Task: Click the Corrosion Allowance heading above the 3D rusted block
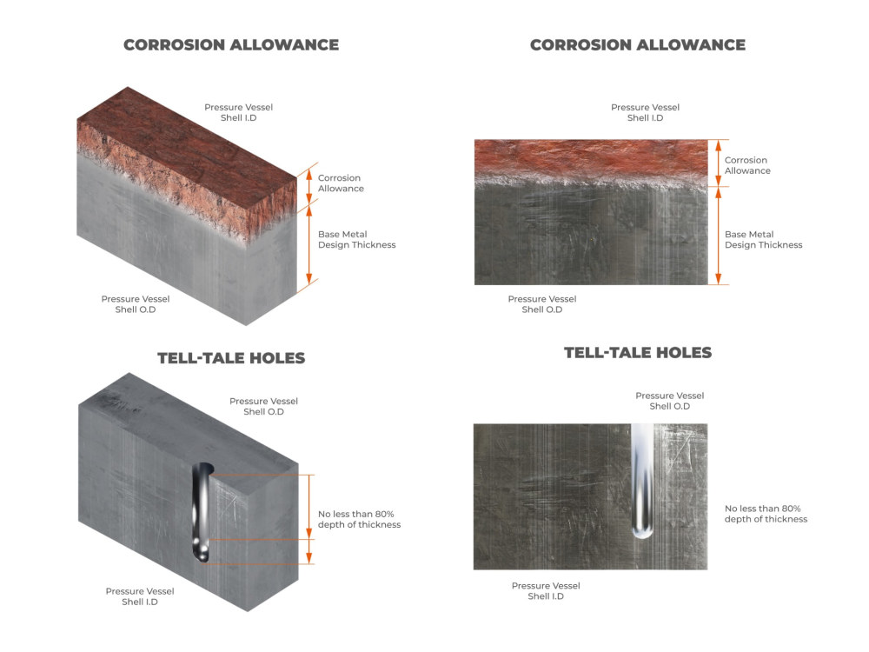coord(231,45)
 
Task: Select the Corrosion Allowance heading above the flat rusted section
coord(638,45)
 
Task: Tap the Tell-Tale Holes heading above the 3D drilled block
coord(231,358)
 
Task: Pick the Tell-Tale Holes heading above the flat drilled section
coord(638,353)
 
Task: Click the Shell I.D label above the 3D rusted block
coord(238,112)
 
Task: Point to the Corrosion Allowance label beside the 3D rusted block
coord(341,183)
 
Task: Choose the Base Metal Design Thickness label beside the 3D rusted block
coord(357,240)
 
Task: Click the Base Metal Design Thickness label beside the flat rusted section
coord(764,240)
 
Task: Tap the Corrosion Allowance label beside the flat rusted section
coord(747,165)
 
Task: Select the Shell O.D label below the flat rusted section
coord(542,304)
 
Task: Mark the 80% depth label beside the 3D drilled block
coord(359,520)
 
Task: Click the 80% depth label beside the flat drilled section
coord(766,514)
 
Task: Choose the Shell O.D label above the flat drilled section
coord(669,401)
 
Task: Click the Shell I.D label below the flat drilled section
coord(546,591)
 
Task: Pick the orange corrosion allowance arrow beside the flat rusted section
coord(719,163)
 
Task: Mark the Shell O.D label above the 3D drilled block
coord(264,406)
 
